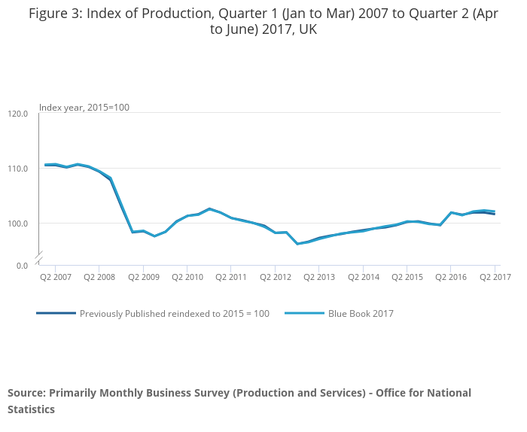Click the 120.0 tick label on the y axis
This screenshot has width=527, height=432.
[x=18, y=114]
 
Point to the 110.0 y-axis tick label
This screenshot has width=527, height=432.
[x=18, y=169]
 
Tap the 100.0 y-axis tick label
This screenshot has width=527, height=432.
[x=18, y=224]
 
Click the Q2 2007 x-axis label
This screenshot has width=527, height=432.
[x=56, y=277]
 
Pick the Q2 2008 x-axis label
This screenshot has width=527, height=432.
[x=99, y=277]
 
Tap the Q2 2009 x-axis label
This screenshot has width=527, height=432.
[x=144, y=277]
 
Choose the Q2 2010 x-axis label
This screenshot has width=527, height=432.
[x=187, y=277]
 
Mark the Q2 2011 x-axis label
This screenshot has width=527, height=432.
[x=231, y=277]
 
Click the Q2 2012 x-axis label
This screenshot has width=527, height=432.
[x=276, y=277]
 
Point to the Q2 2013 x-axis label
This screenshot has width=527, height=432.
[x=319, y=277]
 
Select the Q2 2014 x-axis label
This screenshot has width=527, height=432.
[x=363, y=277]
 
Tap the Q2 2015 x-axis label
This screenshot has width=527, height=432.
[x=407, y=277]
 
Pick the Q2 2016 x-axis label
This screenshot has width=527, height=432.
[x=450, y=277]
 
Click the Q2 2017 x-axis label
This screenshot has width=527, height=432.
[x=495, y=277]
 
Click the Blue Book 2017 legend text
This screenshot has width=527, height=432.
[x=361, y=314]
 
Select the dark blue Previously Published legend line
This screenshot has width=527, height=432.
[x=56, y=313]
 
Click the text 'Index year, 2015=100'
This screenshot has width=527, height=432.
[x=84, y=107]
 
